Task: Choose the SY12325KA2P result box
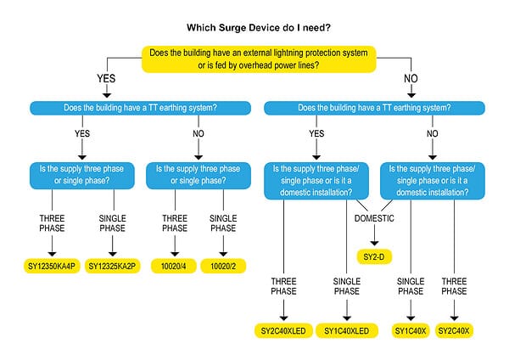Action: (x=113, y=267)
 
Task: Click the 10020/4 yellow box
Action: (x=175, y=267)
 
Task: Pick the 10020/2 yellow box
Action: (x=224, y=267)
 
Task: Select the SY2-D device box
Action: (x=374, y=256)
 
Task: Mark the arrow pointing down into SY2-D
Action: (x=374, y=240)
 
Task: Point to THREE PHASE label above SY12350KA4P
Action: (x=52, y=223)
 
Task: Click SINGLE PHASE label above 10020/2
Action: (x=224, y=223)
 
